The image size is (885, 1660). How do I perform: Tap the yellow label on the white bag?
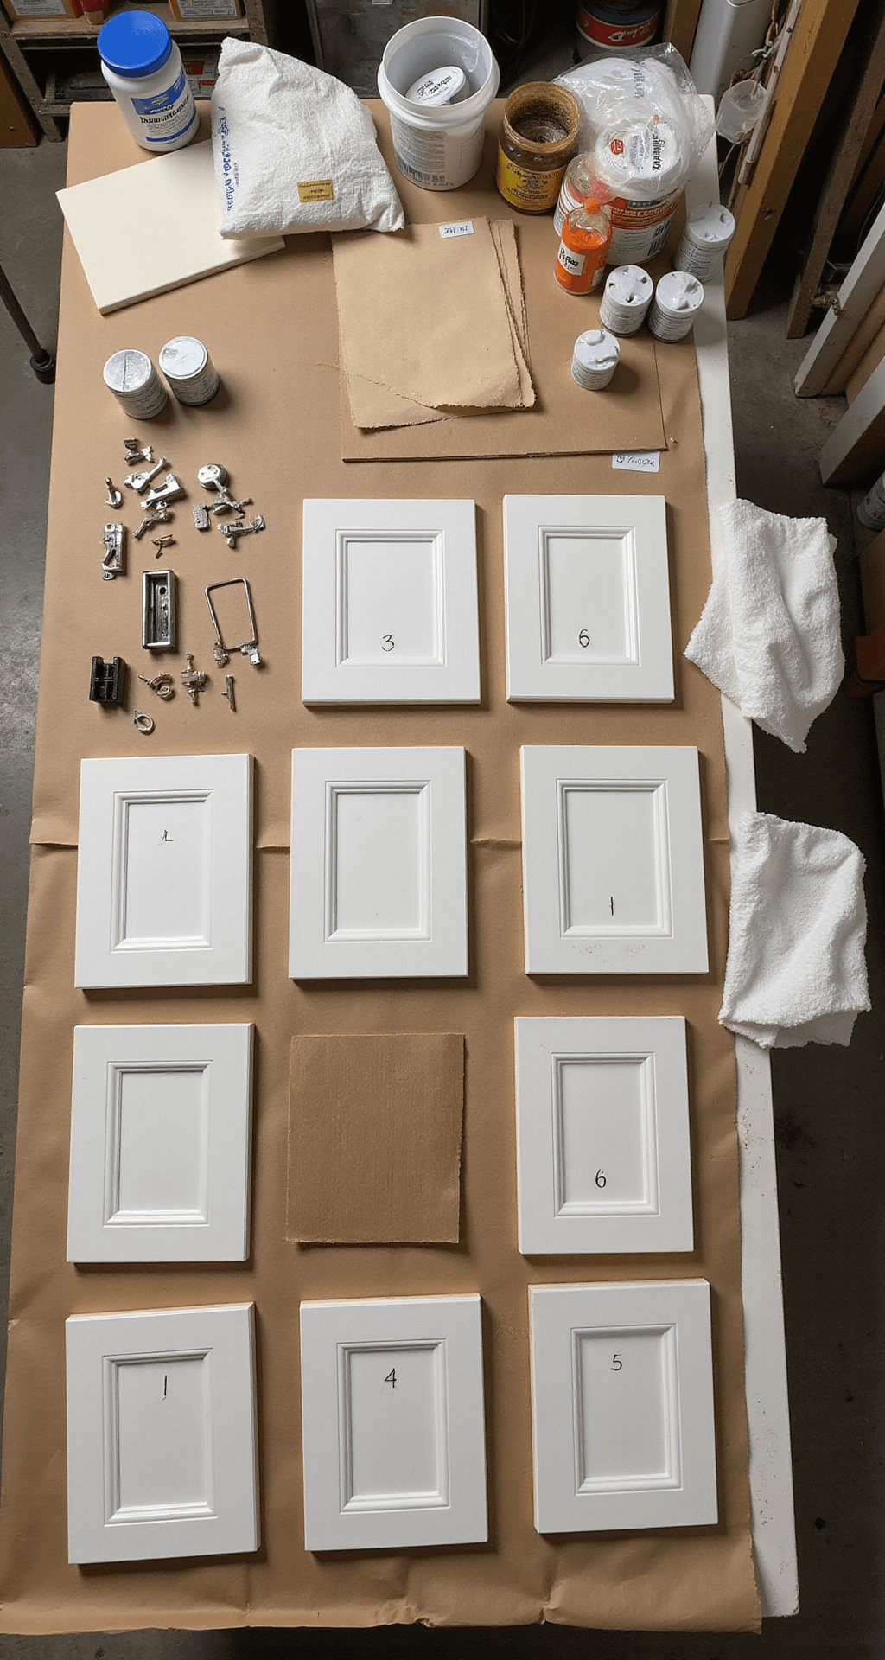click(315, 190)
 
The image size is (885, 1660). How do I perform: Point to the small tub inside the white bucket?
click(437, 86)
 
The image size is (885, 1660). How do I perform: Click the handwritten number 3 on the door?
click(388, 642)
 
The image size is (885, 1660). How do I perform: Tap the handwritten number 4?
click(391, 1377)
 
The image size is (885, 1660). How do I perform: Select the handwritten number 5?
click(616, 1363)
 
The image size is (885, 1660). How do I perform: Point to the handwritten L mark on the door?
click(167, 835)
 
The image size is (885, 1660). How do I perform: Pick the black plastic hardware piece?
click(106, 680)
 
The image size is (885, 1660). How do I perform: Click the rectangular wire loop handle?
click(231, 616)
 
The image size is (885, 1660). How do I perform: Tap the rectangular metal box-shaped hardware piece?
click(160, 610)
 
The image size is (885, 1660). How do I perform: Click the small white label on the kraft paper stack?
click(455, 229)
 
